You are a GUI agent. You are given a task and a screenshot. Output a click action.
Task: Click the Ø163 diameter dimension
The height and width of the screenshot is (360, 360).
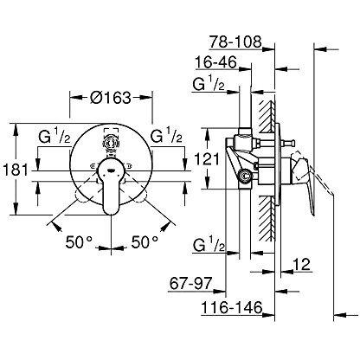[x=111, y=98]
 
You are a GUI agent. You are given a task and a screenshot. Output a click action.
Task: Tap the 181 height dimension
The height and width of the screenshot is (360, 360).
[x=16, y=170]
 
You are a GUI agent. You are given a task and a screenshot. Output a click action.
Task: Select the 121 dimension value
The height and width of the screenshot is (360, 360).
[x=206, y=159]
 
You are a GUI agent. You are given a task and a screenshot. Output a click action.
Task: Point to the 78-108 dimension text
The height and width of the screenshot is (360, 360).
[x=235, y=42]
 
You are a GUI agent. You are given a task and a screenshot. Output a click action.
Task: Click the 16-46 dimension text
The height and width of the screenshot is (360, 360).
[x=215, y=61]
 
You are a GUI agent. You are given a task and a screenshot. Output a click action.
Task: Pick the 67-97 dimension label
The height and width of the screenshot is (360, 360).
[x=190, y=283]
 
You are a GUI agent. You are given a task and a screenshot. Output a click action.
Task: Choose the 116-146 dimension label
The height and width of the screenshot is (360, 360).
[x=232, y=307]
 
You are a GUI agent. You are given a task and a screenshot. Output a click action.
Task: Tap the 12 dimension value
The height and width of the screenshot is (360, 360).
[x=301, y=264]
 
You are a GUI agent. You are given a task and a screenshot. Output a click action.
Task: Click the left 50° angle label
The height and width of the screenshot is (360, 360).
[x=79, y=242]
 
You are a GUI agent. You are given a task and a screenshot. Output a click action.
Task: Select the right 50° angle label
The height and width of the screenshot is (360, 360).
[x=145, y=242]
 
